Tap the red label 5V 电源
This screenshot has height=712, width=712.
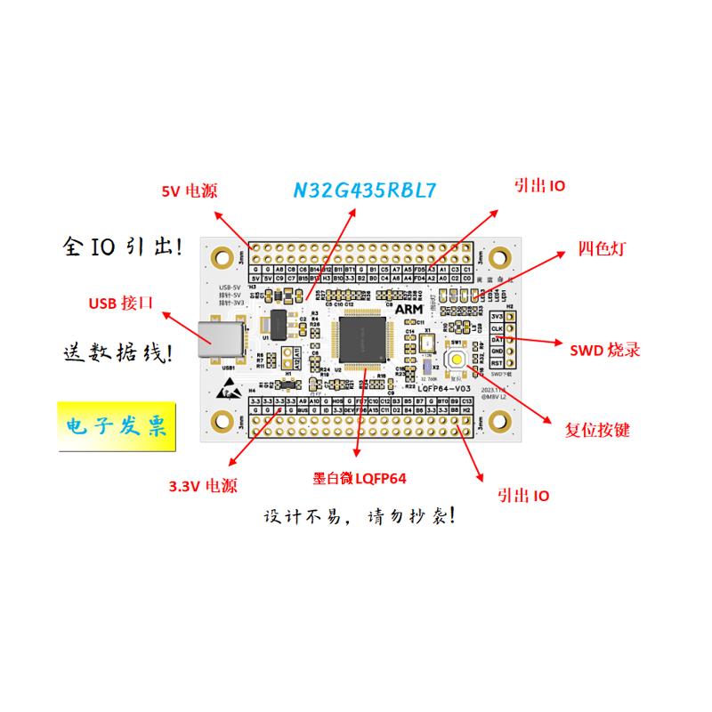click(x=189, y=191)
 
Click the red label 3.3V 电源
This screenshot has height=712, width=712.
click(x=204, y=487)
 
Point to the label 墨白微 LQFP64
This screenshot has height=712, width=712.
click(x=360, y=479)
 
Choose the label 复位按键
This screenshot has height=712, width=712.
click(x=597, y=431)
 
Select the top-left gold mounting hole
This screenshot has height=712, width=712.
click(x=218, y=256)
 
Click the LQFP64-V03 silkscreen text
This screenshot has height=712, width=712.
click(x=450, y=388)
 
